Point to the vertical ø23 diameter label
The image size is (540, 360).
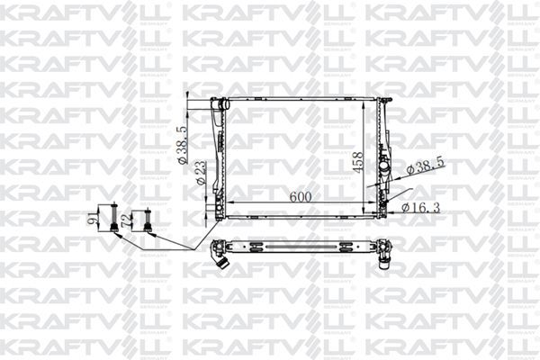tap(200, 170)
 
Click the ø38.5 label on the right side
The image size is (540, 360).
tap(427, 168)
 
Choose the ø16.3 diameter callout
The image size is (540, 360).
tap(420, 208)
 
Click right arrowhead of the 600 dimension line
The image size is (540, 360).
tap(375, 203)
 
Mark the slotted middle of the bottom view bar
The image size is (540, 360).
tap(301, 247)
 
